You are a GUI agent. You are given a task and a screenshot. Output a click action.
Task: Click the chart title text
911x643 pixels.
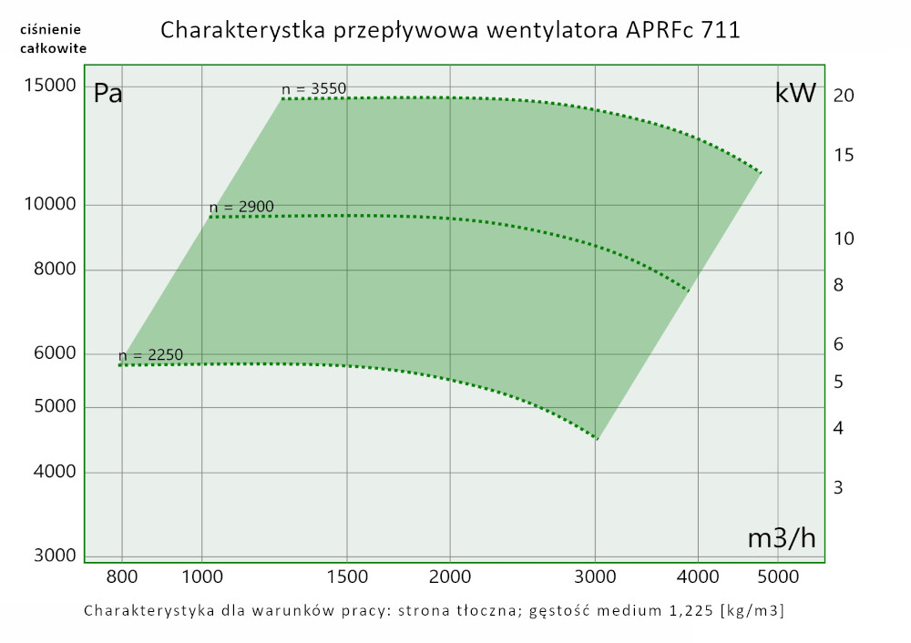450,30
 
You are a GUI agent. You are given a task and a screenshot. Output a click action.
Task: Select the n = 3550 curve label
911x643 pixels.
314,88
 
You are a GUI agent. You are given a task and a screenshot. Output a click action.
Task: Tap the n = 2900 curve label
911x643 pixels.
241,207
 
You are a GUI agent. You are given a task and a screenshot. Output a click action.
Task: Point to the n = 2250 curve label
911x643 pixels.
150,355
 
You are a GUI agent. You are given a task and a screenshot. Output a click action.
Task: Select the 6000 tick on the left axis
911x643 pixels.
53,353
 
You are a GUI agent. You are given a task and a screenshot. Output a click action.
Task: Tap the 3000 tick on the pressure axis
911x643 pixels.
53,556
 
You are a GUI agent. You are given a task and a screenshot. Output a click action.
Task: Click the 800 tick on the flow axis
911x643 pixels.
122,576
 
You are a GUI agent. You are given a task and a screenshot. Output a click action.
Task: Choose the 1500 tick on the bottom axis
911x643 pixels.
346,576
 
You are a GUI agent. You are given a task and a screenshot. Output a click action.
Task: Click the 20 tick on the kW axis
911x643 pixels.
843,96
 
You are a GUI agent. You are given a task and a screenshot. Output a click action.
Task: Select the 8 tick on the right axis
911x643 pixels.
838,285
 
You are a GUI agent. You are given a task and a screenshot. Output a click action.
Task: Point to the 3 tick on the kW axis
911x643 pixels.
838,487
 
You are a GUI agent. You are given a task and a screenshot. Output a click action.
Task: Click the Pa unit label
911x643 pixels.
108,94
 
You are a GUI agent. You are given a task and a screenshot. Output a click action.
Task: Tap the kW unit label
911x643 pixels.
794,94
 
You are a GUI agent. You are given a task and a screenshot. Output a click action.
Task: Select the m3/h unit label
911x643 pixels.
781,538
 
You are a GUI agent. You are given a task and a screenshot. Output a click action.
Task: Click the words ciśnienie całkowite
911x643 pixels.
53,39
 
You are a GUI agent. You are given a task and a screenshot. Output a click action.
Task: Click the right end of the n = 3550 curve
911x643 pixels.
760,171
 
